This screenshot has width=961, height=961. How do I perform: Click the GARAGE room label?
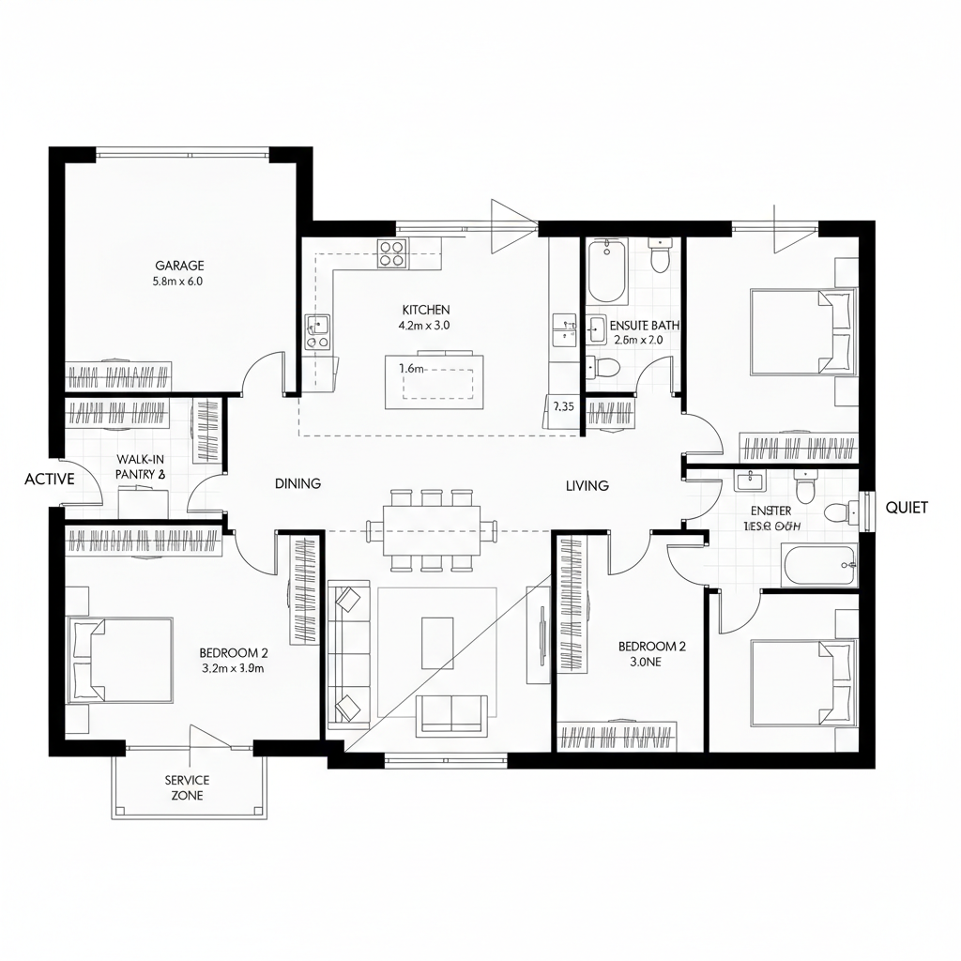tap(179, 266)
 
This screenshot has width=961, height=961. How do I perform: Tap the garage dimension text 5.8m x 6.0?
tap(178, 281)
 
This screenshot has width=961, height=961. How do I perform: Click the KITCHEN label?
tap(425, 310)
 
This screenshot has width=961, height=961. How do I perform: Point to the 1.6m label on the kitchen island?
tap(412, 369)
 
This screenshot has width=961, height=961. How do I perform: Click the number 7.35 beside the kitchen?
tap(563, 406)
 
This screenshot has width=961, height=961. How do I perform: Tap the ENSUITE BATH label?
tap(644, 325)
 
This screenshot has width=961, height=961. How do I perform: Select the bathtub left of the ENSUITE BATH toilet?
tap(607, 271)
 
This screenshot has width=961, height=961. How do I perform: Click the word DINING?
tap(297, 484)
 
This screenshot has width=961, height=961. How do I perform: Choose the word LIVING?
tap(587, 486)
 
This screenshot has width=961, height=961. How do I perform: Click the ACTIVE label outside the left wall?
tap(49, 479)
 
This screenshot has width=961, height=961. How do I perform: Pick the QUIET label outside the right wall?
tap(906, 508)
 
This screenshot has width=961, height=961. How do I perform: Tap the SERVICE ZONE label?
tap(187, 787)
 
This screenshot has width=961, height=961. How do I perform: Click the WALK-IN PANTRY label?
tap(141, 466)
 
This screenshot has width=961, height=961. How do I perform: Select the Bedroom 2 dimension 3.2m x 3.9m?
tap(234, 669)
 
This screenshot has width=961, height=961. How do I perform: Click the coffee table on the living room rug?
tap(437, 643)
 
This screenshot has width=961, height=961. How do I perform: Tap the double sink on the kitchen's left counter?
tap(317, 331)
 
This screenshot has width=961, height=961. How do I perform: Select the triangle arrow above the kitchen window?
tap(508, 226)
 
